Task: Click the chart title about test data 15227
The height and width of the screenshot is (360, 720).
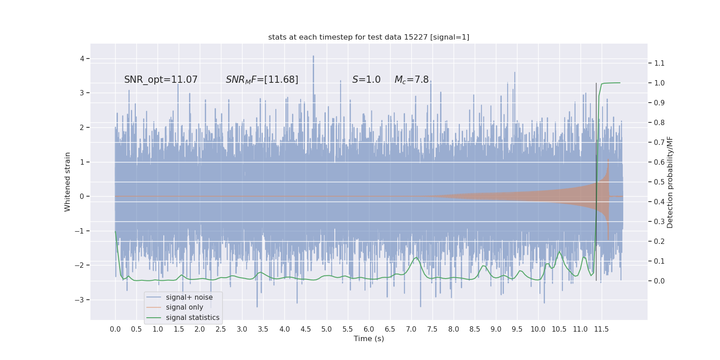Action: coord(369,37)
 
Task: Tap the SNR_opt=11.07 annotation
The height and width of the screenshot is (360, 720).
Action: coord(161,80)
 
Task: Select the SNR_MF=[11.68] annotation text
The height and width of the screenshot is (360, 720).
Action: coord(262,80)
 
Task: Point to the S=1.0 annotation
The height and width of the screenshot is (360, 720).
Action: coord(366,80)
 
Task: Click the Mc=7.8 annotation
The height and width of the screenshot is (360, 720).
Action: coord(411,80)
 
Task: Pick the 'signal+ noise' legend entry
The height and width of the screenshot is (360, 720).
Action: coord(189,297)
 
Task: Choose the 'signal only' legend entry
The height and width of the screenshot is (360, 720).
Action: coord(184,307)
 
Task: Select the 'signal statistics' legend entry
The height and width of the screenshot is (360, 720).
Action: coord(193,318)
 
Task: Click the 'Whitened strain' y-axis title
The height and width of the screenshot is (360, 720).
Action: coord(67,182)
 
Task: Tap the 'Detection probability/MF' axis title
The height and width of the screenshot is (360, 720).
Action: coord(670,182)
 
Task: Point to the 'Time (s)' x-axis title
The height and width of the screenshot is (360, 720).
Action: coord(369,339)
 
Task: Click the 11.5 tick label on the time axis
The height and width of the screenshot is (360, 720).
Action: coord(601,329)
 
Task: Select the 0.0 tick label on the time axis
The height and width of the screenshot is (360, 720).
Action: coord(115,329)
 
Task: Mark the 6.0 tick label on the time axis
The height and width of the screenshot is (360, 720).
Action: coord(369,329)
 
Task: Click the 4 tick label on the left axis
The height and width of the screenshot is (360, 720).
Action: coord(82,58)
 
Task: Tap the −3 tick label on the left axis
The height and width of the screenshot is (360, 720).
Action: coord(80,300)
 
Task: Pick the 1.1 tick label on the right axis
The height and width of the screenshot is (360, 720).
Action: coord(659,63)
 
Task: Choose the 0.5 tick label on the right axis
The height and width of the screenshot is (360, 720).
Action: coord(659,182)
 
